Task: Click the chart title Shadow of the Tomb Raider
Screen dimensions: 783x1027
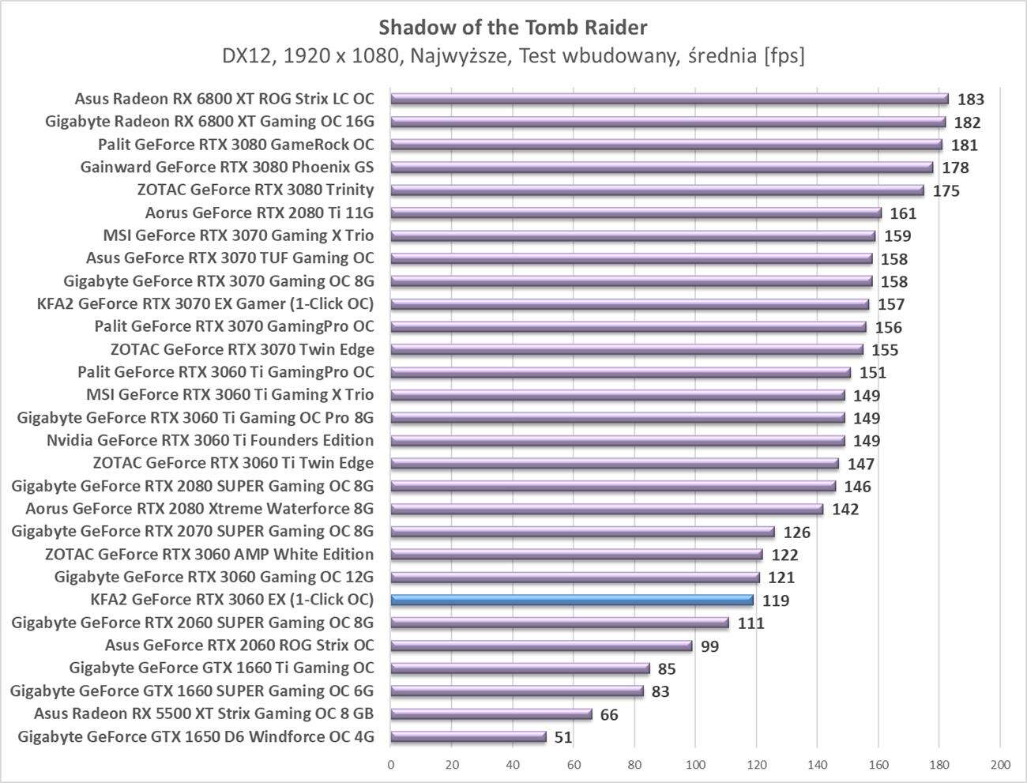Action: coord(513,28)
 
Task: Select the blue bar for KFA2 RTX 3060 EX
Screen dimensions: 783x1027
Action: coord(572,600)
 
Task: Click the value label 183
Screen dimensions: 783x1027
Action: coord(970,100)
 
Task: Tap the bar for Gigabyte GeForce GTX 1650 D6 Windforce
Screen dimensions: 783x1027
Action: coord(468,737)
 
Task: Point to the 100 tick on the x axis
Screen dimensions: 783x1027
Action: coord(695,764)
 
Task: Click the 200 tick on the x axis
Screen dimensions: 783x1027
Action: coord(1000,764)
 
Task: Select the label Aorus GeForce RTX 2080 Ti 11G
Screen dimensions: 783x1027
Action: coord(259,213)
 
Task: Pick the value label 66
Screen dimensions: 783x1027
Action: coord(609,715)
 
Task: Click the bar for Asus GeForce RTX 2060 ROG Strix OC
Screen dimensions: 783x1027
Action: coord(541,646)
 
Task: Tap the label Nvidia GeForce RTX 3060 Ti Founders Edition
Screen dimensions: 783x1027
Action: coord(210,440)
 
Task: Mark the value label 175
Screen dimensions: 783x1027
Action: coord(946,191)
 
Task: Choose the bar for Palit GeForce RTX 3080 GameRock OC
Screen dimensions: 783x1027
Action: coord(666,145)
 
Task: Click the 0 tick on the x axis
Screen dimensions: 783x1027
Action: coord(391,764)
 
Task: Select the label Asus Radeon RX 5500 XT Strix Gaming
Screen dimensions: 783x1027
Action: coord(204,713)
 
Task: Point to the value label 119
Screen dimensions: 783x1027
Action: coord(776,600)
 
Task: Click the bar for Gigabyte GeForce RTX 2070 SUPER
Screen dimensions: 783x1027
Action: coord(582,532)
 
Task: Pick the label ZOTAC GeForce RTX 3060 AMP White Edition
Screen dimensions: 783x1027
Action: coord(209,554)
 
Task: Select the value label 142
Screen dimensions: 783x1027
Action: coord(845,510)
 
